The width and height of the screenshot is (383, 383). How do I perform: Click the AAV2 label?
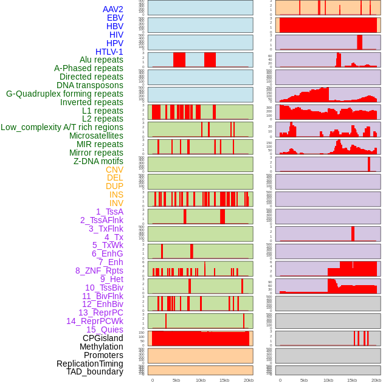click(113, 9)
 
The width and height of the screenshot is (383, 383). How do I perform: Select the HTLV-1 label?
click(109, 52)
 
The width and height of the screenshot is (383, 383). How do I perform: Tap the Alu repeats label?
click(102, 60)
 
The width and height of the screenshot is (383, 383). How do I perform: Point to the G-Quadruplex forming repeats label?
click(64, 94)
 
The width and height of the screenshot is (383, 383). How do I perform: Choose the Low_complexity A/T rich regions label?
click(62, 127)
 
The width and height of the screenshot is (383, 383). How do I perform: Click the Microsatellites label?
click(96, 136)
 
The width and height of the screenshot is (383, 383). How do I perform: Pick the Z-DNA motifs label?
click(98, 161)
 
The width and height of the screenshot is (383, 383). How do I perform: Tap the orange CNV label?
click(114, 170)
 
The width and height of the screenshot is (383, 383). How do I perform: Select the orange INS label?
click(116, 195)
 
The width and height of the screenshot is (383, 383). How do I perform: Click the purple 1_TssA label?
click(109, 212)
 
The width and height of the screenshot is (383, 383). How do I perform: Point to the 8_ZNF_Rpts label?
click(99, 271)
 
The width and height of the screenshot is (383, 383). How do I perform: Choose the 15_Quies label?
click(104, 330)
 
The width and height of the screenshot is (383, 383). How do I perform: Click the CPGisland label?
click(103, 338)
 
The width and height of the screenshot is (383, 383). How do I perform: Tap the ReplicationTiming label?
click(90, 364)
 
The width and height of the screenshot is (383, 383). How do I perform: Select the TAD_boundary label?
click(95, 371)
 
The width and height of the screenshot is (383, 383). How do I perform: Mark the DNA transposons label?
click(90, 85)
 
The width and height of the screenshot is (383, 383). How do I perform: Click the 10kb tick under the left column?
click(201, 380)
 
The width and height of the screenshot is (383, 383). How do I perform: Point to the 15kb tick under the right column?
click(352, 380)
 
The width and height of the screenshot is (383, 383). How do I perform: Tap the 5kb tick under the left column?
click(176, 380)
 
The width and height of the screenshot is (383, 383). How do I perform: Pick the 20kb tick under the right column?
click(376, 380)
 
